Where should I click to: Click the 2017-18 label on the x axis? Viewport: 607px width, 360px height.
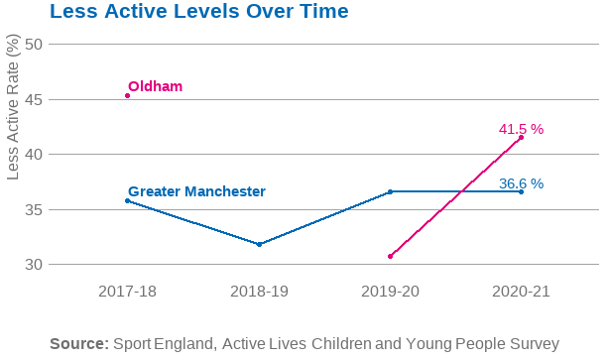127,292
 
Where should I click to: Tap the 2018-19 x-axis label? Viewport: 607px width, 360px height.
259,292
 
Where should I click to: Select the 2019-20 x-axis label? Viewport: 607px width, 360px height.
390,292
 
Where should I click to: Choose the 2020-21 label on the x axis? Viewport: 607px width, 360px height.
521,292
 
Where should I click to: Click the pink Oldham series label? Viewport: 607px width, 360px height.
156,86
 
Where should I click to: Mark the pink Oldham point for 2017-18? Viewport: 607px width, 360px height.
128,95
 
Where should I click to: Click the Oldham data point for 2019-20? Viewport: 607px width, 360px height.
390,256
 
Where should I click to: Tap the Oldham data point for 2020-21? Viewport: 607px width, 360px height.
521,138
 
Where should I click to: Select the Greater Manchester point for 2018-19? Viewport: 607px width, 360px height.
259,244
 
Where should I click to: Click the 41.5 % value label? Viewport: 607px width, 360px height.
521,129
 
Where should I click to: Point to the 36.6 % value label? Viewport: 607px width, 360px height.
521,183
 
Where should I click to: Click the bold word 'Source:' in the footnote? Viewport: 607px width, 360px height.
78,343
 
